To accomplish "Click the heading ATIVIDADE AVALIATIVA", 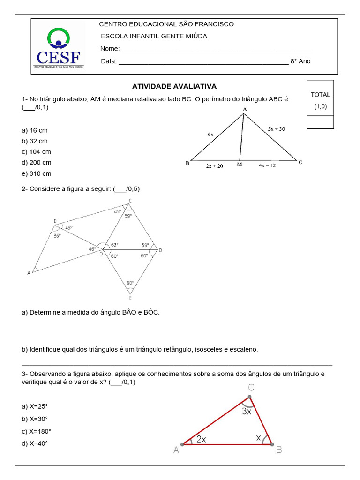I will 174,87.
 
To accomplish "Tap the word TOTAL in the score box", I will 320,95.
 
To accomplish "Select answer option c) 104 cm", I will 36,152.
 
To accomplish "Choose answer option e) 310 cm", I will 36,173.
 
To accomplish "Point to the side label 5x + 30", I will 276,128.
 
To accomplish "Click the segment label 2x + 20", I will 214,166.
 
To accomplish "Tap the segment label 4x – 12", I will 267,165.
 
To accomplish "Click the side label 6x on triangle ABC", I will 210,134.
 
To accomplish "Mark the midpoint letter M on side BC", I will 240,165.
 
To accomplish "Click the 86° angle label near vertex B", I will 57,236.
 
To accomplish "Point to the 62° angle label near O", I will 115,245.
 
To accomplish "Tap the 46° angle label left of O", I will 93,249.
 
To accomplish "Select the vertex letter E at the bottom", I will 130,298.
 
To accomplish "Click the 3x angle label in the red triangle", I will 247,412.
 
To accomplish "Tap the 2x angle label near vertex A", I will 201,439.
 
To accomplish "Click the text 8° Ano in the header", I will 300,61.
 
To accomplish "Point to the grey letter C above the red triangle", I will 251,387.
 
